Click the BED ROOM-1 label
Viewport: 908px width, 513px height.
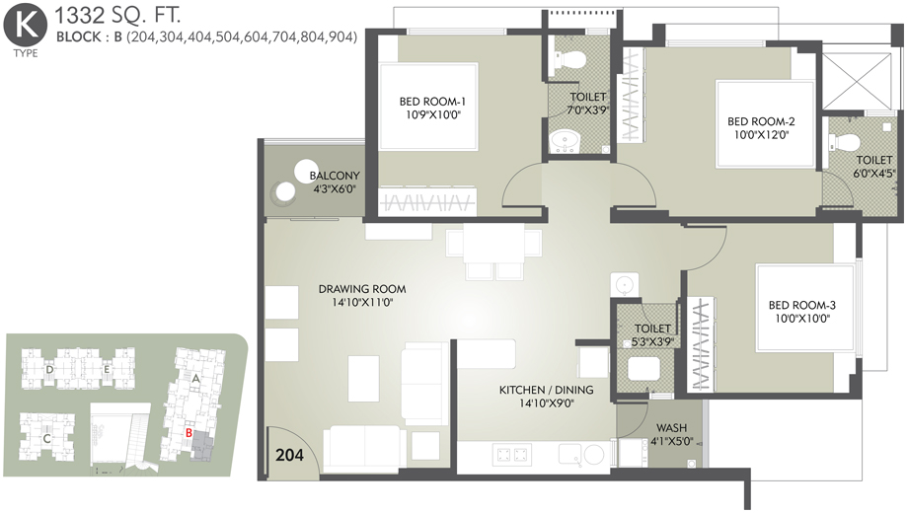tap(432, 102)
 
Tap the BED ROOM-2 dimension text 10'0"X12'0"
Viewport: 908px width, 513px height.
tap(761, 135)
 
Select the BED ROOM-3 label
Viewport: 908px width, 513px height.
tap(802, 305)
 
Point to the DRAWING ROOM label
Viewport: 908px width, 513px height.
tap(362, 288)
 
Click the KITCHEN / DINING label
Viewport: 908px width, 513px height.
tap(546, 390)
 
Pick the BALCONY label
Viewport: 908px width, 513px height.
tap(335, 176)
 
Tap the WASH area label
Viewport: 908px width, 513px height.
tap(671, 428)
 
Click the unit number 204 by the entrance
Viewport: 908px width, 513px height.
tap(289, 455)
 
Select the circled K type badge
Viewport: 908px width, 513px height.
tap(25, 26)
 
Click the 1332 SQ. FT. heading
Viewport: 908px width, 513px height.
tap(116, 15)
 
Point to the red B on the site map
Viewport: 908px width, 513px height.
tap(189, 432)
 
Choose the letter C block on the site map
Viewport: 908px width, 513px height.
tap(47, 438)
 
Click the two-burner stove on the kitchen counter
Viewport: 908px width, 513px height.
tap(512, 455)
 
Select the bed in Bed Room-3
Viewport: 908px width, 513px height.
tap(805, 308)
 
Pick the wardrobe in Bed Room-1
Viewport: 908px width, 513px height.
tap(427, 202)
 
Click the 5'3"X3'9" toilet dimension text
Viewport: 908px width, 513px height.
tap(652, 341)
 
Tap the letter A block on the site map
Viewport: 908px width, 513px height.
tap(195, 379)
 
